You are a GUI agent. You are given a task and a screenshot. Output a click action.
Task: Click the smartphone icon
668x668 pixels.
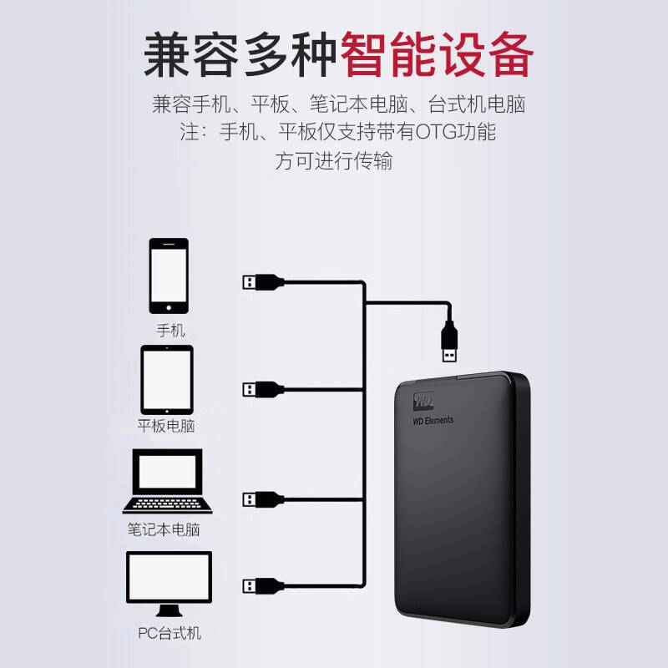[x=169, y=276]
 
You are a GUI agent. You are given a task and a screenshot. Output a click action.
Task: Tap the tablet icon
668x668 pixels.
[x=167, y=380]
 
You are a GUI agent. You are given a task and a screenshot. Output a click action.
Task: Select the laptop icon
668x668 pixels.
[x=167, y=481]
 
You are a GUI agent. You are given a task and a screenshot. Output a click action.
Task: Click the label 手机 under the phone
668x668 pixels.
[x=170, y=330]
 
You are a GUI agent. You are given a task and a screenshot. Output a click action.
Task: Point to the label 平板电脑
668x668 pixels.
[x=166, y=426]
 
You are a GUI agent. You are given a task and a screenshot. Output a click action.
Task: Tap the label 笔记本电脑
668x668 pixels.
[x=164, y=529]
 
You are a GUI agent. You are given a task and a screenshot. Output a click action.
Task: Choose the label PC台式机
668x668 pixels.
[x=170, y=633]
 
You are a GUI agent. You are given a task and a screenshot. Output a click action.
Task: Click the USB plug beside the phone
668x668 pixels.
[x=263, y=281]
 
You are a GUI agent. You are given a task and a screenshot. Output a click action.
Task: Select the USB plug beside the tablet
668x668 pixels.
[x=263, y=389]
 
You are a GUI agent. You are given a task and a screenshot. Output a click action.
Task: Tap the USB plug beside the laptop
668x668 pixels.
[x=263, y=499]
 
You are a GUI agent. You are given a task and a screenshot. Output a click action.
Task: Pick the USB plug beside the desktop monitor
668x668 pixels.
[x=263, y=586]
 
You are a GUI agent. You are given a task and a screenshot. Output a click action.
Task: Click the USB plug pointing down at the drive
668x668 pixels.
[x=449, y=342]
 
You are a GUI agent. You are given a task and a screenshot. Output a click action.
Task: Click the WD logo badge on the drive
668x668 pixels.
[x=423, y=402]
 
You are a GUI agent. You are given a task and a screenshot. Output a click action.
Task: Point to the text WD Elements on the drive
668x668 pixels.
[x=433, y=421]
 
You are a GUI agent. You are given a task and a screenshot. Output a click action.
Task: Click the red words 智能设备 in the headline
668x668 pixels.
[x=437, y=54]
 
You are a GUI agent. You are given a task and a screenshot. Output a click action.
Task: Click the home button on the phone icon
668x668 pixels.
[x=169, y=307]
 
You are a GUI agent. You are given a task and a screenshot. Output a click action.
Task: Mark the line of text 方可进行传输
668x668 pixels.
[x=333, y=160]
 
